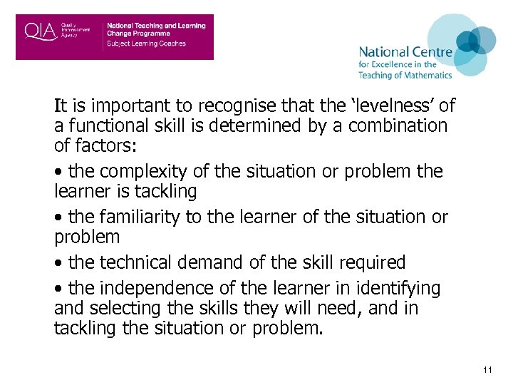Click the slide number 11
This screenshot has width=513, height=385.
pyautogui.click(x=487, y=370)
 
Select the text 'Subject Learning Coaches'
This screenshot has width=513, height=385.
pyautogui.click(x=146, y=43)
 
